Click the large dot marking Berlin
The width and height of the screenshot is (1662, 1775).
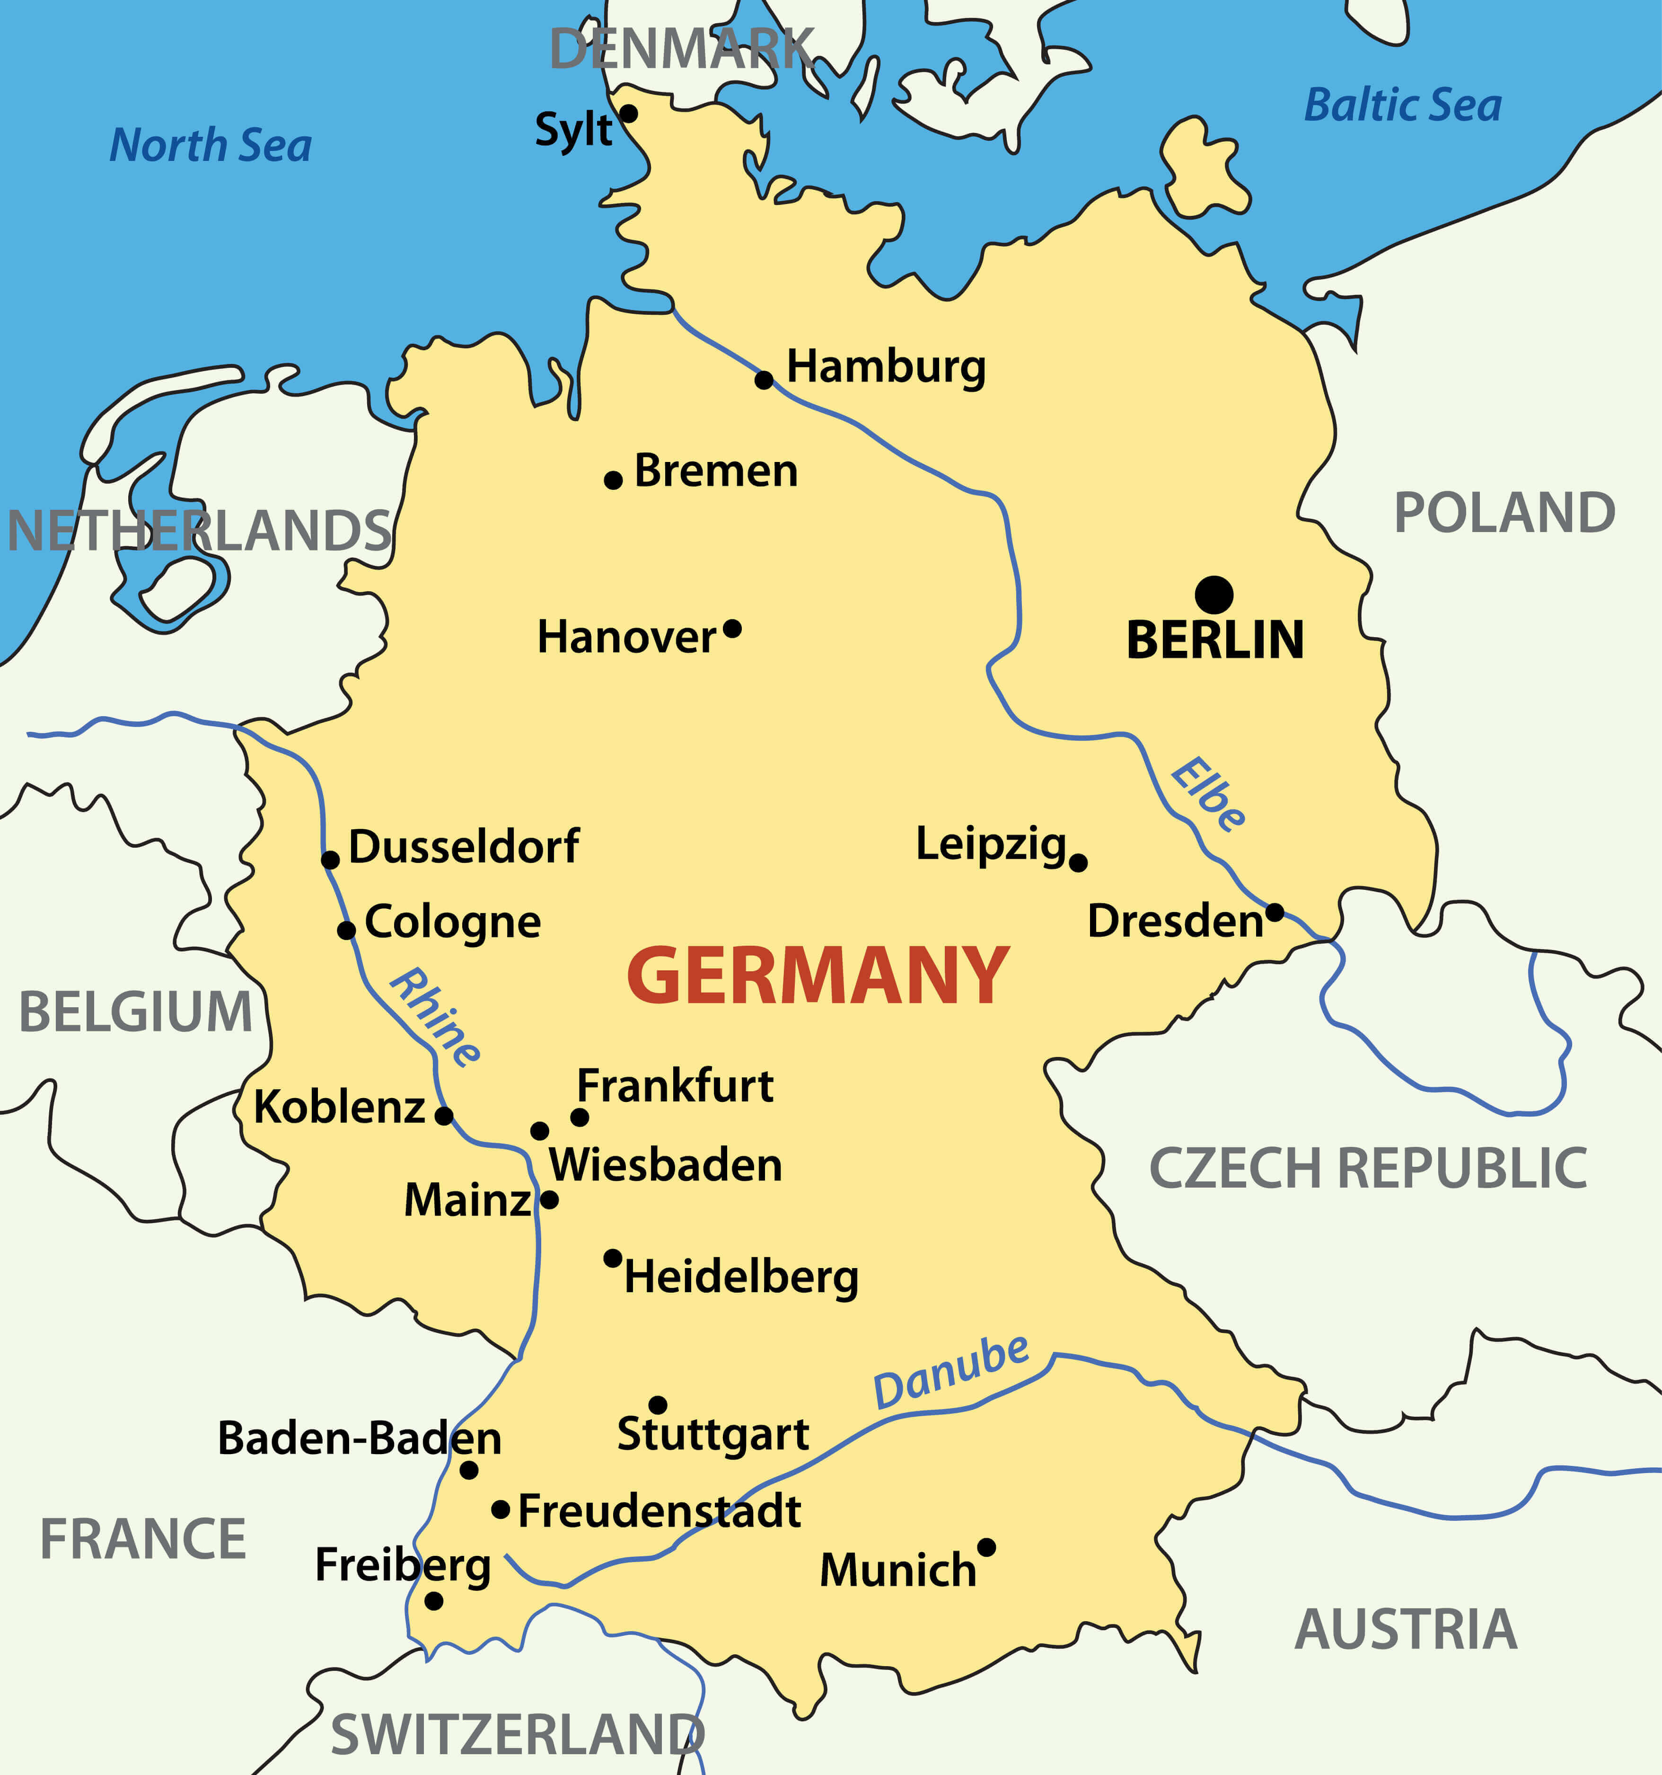coord(1214,595)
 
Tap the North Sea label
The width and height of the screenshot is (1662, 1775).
coord(211,145)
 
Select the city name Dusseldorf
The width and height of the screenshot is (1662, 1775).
coord(463,846)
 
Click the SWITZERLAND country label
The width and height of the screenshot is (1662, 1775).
coord(518,1735)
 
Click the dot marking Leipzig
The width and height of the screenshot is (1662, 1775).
coord(1078,862)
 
